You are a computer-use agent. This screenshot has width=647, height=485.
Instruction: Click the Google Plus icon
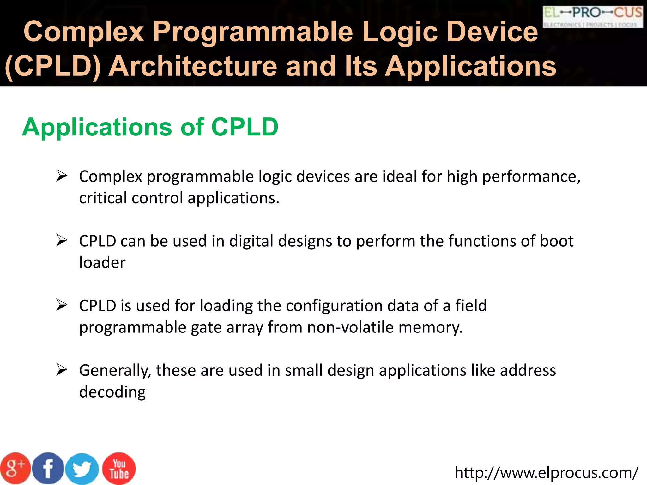(15, 469)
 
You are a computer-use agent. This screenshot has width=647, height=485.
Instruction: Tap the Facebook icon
(48, 469)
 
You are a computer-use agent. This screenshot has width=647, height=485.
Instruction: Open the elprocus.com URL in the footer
(546, 473)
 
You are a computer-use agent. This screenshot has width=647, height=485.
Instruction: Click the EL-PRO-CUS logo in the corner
(593, 16)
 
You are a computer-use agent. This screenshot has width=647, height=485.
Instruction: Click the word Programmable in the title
(253, 32)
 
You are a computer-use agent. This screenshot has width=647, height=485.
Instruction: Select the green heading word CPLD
(245, 127)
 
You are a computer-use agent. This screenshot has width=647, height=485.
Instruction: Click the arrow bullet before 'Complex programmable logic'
(62, 176)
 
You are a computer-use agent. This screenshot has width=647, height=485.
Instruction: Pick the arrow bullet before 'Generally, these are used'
(62, 369)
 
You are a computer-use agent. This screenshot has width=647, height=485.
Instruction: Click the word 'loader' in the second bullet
(102, 262)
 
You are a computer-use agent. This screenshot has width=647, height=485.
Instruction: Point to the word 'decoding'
(112, 392)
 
